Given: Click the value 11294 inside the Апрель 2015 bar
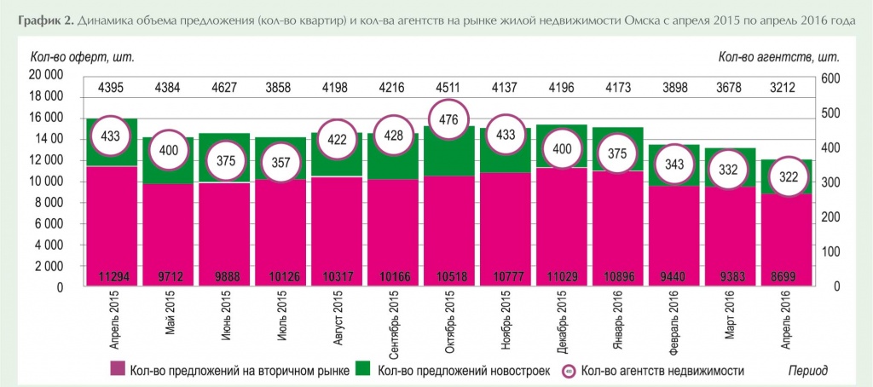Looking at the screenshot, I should [x=111, y=277].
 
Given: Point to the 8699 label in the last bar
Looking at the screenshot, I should [x=786, y=277].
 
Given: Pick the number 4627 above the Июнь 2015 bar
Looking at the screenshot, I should [x=223, y=86].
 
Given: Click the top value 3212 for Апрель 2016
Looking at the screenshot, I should [x=786, y=86].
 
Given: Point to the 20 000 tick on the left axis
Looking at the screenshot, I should [x=47, y=75].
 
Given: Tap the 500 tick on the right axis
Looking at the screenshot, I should [x=830, y=113].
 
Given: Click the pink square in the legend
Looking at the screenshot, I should [x=118, y=369].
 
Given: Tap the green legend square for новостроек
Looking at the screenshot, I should [x=363, y=369].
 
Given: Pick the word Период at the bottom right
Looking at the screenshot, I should [x=807, y=370].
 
